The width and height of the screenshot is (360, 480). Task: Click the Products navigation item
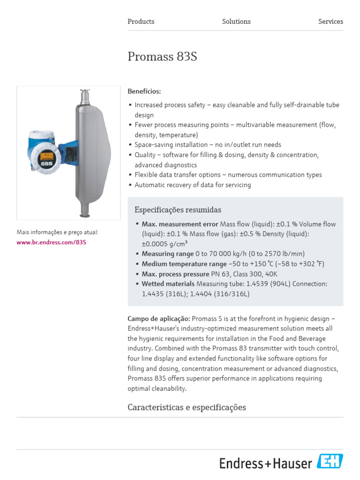(x=141, y=22)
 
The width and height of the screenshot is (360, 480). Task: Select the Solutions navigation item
(x=236, y=22)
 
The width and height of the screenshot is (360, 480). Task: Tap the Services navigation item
(x=330, y=22)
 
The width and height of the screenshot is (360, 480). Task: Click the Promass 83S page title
(x=162, y=57)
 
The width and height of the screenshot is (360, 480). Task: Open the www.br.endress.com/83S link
(x=52, y=242)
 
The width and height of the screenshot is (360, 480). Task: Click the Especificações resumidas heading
(x=178, y=210)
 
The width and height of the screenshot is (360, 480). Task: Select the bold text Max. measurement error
(x=180, y=224)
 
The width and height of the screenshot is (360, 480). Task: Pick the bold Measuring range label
(x=168, y=254)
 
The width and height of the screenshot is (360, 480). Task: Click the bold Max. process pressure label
(x=175, y=274)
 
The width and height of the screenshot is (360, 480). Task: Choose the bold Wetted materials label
(x=168, y=284)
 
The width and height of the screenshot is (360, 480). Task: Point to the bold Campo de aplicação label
(x=158, y=319)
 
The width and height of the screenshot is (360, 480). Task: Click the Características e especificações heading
(x=187, y=407)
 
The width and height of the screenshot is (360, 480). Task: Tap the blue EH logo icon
(x=330, y=462)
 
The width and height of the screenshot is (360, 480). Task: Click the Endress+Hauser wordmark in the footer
(x=265, y=464)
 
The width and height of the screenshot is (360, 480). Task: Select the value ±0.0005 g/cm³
(x=165, y=244)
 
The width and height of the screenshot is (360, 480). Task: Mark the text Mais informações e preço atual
(x=58, y=232)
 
